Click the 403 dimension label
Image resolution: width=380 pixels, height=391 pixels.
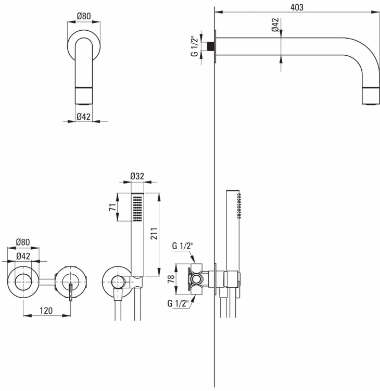click(x=297, y=7)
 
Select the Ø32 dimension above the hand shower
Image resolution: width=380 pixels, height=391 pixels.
click(x=137, y=176)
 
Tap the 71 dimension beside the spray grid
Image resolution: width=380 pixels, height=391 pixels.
click(x=112, y=207)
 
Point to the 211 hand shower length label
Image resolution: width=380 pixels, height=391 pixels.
click(x=154, y=234)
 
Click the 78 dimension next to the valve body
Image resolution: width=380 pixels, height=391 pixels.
click(x=171, y=279)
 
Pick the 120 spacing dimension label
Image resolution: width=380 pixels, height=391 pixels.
click(x=46, y=311)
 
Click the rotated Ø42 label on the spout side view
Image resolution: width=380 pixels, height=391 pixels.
click(x=275, y=25)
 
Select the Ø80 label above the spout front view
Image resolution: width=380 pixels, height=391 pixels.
click(x=84, y=16)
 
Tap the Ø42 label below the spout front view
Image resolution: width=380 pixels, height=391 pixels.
click(x=83, y=116)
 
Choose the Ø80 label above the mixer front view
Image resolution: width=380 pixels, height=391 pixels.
click(x=23, y=242)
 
